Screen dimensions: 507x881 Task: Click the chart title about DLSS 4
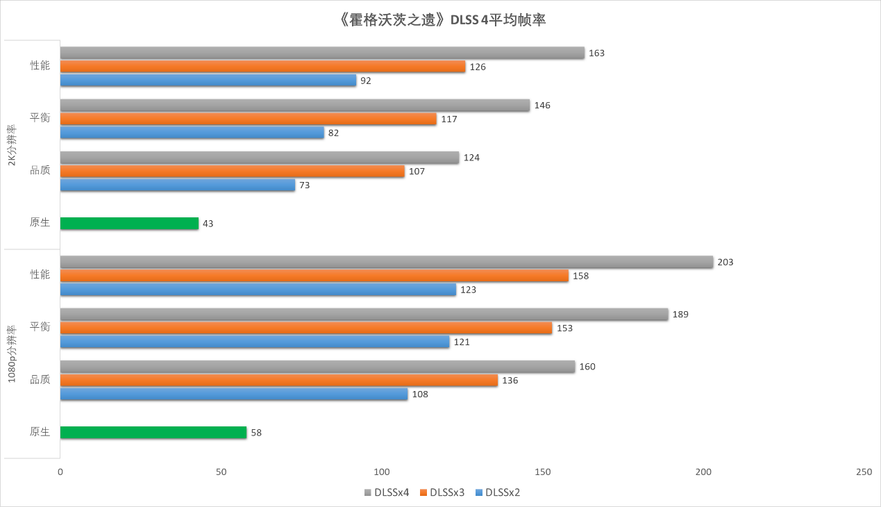440,20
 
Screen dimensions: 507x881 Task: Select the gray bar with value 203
387,262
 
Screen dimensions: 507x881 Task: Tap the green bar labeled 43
129,224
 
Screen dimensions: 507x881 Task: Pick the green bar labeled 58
153,433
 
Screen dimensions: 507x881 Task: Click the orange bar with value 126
262,67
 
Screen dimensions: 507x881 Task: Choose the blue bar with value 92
208,81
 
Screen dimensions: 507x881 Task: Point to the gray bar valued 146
295,106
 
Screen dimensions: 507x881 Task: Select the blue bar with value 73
178,185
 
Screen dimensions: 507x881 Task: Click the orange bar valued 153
306,328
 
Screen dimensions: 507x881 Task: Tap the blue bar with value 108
234,394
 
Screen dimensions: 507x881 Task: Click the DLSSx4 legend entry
386,493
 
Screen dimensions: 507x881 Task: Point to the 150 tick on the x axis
543,472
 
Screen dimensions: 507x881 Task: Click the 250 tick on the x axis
864,472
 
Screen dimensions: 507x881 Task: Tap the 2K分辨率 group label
12,144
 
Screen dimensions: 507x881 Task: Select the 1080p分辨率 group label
12,354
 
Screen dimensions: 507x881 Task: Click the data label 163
596,53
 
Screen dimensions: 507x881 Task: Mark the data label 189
680,315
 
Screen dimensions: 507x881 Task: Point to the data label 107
417,172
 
